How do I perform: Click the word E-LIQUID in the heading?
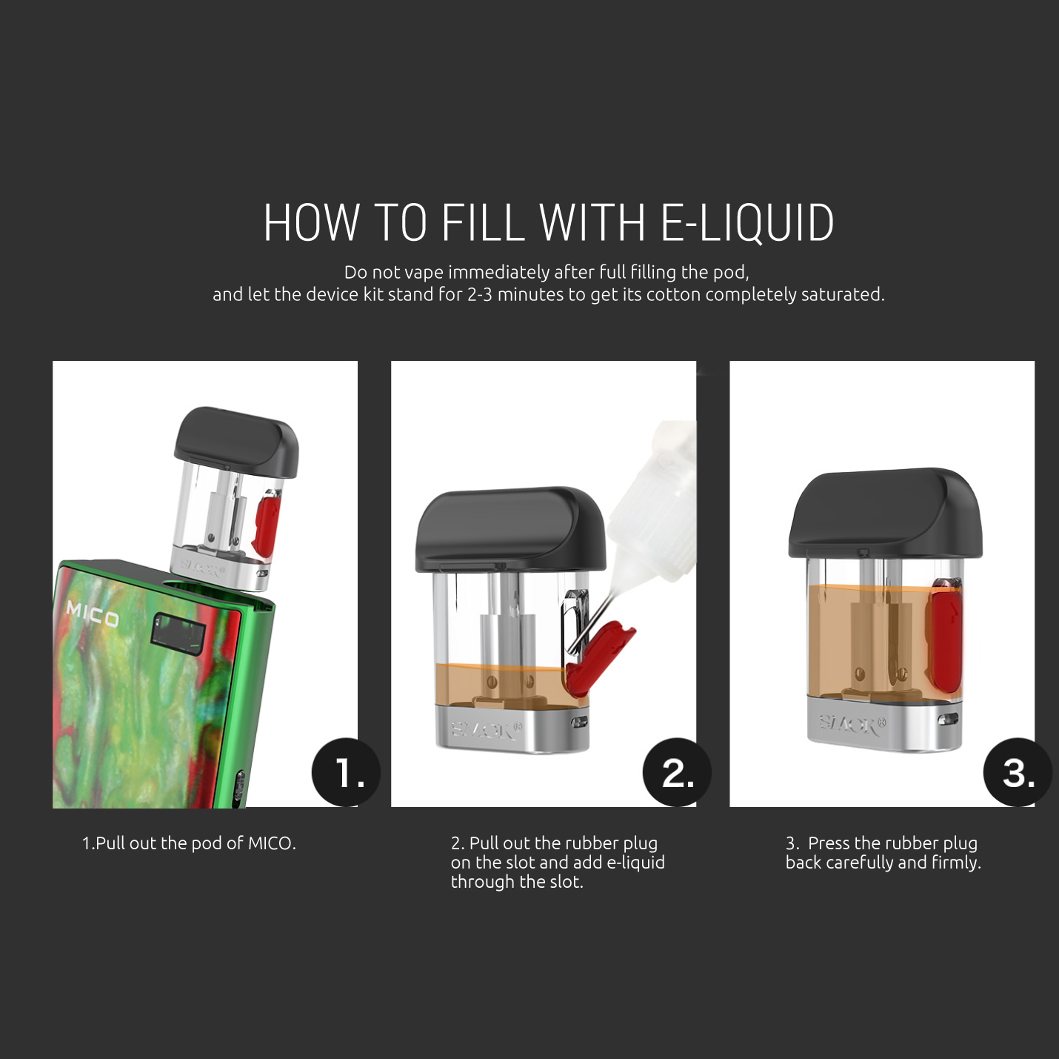(747, 222)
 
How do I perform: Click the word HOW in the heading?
(312, 222)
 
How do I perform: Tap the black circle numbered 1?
(346, 772)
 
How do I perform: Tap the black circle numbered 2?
(677, 772)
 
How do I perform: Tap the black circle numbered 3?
(1018, 772)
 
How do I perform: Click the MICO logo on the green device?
(93, 615)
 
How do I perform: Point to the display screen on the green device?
(178, 633)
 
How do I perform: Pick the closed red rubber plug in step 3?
(944, 634)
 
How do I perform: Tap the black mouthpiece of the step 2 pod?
(510, 528)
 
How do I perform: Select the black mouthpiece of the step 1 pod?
(236, 441)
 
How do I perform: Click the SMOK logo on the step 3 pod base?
(852, 724)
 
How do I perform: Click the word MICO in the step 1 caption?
(272, 843)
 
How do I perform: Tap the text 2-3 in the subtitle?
(480, 295)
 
